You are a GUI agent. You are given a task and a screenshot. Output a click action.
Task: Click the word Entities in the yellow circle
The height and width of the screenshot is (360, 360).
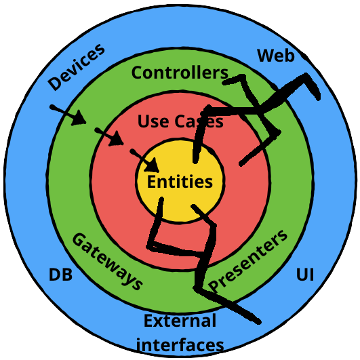click(x=180, y=182)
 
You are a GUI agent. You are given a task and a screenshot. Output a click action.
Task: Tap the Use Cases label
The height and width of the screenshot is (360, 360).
click(x=180, y=121)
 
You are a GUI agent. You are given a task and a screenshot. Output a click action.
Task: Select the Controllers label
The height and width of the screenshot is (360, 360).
click(x=180, y=73)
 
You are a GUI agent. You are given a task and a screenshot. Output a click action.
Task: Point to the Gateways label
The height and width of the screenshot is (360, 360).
click(x=107, y=262)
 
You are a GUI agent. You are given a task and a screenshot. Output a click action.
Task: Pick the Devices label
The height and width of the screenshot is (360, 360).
click(x=77, y=66)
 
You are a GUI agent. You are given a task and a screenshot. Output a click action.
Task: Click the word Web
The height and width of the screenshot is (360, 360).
click(x=276, y=56)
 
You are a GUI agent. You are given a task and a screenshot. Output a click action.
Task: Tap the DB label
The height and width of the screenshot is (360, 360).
click(x=60, y=275)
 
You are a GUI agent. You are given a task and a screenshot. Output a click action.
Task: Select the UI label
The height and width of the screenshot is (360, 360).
click(x=305, y=275)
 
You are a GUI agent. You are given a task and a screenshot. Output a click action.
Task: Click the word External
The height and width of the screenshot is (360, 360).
click(x=180, y=321)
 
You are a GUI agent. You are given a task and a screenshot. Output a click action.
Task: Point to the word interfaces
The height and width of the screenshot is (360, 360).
click(x=180, y=344)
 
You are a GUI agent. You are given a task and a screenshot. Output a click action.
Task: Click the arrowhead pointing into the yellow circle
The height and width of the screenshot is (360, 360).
click(x=153, y=165)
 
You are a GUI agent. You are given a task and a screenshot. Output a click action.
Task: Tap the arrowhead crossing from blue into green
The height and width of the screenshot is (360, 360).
click(x=79, y=118)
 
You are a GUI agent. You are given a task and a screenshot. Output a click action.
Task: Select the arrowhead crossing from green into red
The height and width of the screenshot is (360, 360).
click(x=116, y=138)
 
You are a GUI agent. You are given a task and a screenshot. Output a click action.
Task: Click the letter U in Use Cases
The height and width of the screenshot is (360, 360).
click(x=143, y=121)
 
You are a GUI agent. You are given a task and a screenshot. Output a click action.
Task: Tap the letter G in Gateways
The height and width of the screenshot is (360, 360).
click(x=79, y=239)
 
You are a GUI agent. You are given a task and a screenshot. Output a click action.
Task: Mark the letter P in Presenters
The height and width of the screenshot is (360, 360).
click(x=214, y=285)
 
